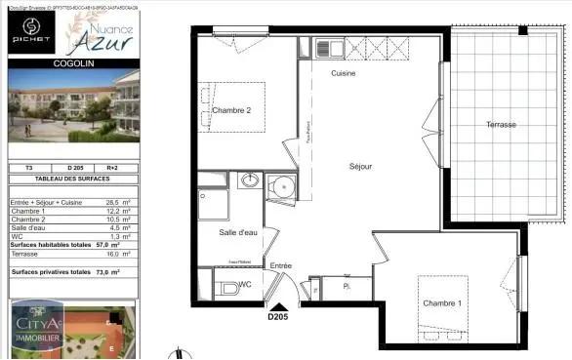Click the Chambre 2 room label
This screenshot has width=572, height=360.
(232, 110)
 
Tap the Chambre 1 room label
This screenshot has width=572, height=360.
(442, 302)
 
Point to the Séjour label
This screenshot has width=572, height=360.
(360, 166)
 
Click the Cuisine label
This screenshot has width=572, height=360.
(343, 74)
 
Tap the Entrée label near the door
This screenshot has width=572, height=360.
(280, 265)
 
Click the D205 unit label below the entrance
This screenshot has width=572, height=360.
(279, 316)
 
